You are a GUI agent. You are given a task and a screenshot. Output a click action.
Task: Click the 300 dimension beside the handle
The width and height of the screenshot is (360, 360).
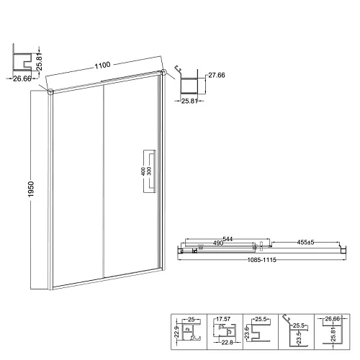point(148,172)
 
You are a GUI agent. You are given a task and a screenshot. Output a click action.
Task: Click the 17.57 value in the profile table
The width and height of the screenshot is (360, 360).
point(224,318)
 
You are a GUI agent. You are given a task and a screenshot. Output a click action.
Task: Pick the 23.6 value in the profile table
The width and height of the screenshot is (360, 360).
point(246,332)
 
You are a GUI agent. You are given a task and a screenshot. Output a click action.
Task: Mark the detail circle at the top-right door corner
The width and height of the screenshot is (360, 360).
point(164,72)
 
